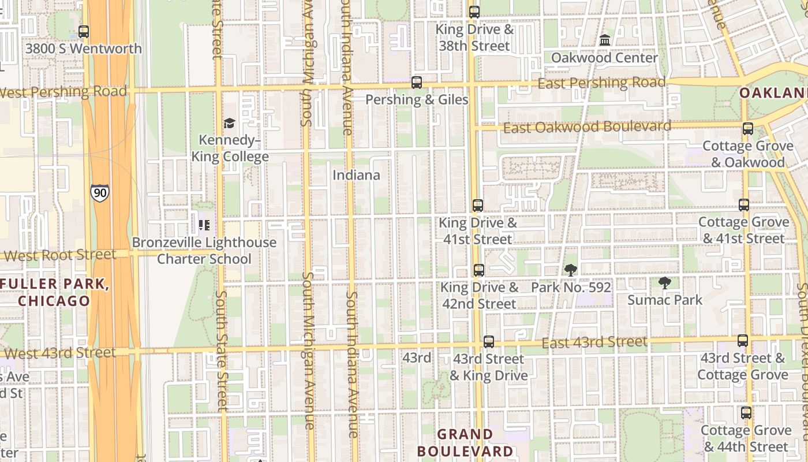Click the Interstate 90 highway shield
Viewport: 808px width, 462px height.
point(99,193)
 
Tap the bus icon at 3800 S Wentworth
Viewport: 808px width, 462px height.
point(84,32)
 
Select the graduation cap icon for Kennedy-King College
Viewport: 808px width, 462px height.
point(229,124)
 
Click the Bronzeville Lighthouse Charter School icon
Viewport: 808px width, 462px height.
point(204,225)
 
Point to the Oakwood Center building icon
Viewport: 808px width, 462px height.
point(605,40)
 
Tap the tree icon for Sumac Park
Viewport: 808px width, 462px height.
point(665,283)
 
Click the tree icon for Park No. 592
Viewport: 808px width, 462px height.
point(571,270)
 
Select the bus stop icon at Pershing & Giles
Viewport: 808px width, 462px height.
point(417,83)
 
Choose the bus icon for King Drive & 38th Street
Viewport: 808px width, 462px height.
point(474,12)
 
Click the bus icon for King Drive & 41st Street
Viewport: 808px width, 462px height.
point(478,205)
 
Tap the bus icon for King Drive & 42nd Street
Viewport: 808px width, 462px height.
point(479,270)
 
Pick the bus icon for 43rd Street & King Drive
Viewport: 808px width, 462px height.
point(489,341)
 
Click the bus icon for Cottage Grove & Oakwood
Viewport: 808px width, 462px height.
point(748,129)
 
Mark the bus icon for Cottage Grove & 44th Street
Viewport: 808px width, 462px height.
point(746,413)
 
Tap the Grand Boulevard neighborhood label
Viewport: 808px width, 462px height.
point(465,443)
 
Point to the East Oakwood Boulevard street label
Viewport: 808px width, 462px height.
point(587,127)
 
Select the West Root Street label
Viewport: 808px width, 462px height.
point(59,255)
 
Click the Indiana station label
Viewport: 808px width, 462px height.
point(356,175)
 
